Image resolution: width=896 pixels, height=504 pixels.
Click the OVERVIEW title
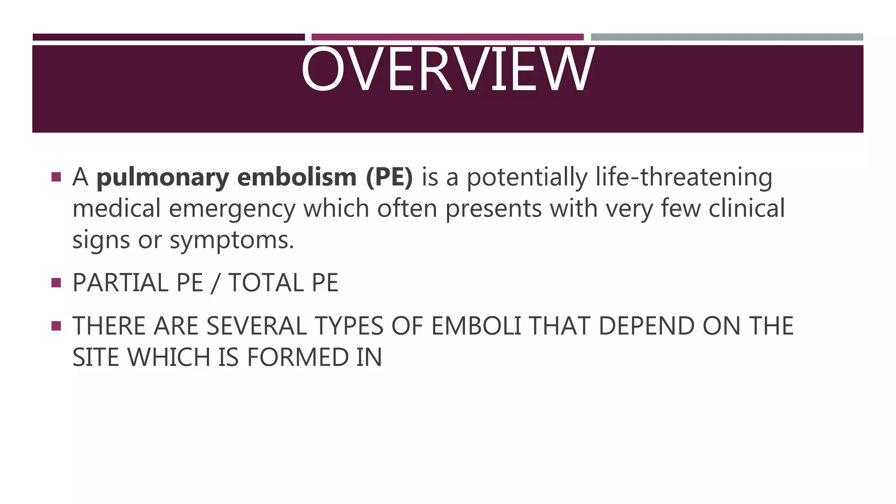448,70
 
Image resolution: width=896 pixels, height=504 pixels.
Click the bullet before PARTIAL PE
56,283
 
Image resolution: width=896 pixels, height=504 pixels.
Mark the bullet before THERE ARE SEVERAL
56,326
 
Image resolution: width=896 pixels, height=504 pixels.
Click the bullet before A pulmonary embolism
56,177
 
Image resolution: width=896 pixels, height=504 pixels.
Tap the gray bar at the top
727,37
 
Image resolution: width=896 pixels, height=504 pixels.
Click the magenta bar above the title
448,37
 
